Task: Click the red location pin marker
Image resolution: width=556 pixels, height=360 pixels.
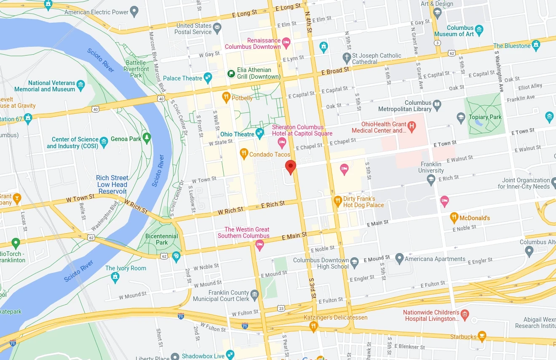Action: coord(290,167)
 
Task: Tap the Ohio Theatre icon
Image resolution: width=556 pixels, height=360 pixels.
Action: coord(260,134)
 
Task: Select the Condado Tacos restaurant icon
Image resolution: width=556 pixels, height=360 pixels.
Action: coord(243,154)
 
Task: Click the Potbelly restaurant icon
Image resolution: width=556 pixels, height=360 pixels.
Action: coord(226,98)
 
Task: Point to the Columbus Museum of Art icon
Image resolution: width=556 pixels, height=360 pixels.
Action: coord(478,30)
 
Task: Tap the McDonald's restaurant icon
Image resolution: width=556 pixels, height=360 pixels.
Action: coord(454,218)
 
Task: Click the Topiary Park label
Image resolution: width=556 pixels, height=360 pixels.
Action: coord(485,117)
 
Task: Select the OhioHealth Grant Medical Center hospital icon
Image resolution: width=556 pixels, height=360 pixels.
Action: coord(412,125)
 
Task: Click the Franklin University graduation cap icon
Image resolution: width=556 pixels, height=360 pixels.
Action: coord(431,180)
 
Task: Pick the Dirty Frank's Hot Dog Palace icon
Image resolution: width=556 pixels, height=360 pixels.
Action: coord(337,201)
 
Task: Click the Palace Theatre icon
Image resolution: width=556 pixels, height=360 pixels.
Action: coord(208,77)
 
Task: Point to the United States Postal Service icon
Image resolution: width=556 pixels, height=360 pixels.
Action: coord(217,29)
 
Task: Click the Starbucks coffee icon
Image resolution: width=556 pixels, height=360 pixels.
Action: coord(482,336)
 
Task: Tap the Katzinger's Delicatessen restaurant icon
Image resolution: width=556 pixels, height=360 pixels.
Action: coord(313,326)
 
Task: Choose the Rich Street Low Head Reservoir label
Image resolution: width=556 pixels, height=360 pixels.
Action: coord(112,184)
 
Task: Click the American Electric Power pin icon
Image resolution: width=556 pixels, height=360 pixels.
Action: coord(134,11)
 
